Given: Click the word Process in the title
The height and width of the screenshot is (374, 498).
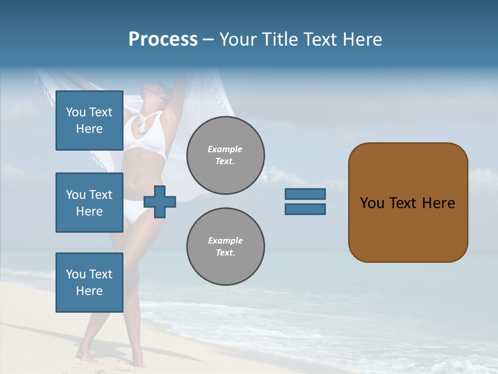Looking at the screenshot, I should coord(163,39).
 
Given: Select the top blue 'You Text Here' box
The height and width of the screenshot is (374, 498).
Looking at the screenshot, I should coord(89,121).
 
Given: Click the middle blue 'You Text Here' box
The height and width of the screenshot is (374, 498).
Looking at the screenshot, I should coord(89,203).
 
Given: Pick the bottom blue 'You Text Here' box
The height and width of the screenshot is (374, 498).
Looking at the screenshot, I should coord(89,283).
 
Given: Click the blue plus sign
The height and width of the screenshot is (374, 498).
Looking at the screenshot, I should coord(160,202).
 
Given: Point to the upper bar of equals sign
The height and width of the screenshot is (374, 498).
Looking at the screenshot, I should coord(305,194).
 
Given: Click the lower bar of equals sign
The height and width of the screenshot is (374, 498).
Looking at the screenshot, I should coord(305,209).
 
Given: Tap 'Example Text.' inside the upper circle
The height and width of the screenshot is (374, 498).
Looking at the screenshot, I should coord(225,155).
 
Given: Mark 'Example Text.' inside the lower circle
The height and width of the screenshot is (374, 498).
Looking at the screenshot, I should coord(225,247).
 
